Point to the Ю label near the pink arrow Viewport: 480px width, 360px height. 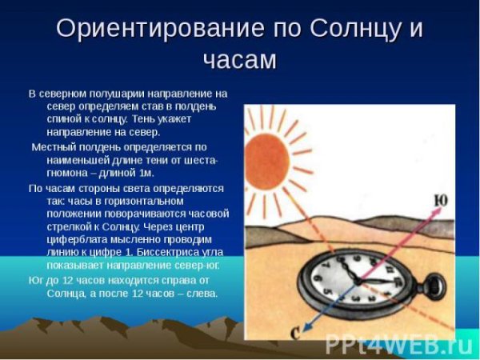441,200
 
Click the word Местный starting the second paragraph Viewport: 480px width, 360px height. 54,146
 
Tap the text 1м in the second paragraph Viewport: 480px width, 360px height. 146,173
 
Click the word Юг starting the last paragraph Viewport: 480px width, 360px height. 36,279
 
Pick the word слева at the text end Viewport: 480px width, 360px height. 202,292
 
